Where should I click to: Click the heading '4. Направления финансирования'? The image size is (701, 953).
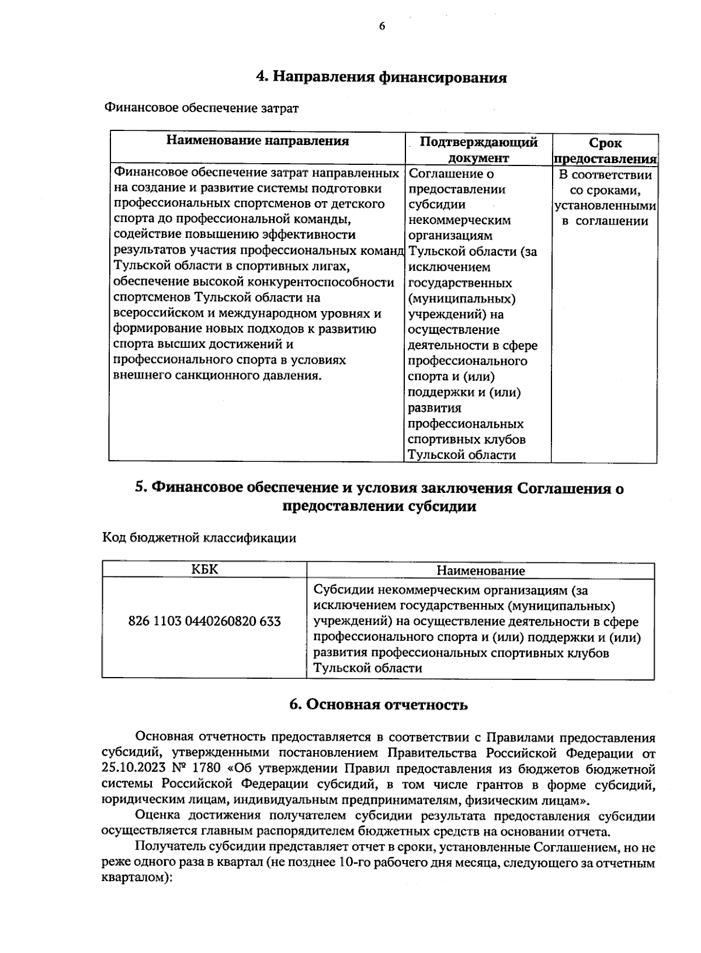[x=381, y=78]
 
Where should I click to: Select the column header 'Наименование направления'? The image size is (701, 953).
[x=258, y=141]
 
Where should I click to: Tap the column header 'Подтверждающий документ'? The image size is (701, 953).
[x=478, y=150]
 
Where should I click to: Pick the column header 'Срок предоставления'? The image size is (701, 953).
[x=605, y=151]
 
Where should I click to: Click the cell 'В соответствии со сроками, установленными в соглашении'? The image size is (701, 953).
[x=605, y=198]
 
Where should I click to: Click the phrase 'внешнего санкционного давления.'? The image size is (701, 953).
[x=217, y=375]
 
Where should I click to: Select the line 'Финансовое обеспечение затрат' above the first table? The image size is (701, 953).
[x=202, y=109]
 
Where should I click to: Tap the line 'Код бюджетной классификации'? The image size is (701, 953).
[x=199, y=538]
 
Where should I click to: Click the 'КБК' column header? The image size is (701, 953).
[x=204, y=569]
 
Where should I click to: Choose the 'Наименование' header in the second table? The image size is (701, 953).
[x=480, y=571]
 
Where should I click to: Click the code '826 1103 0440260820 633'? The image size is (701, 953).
[x=204, y=621]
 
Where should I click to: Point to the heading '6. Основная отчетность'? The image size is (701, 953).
[x=379, y=705]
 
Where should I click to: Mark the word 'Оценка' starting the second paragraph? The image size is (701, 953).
[x=154, y=816]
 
